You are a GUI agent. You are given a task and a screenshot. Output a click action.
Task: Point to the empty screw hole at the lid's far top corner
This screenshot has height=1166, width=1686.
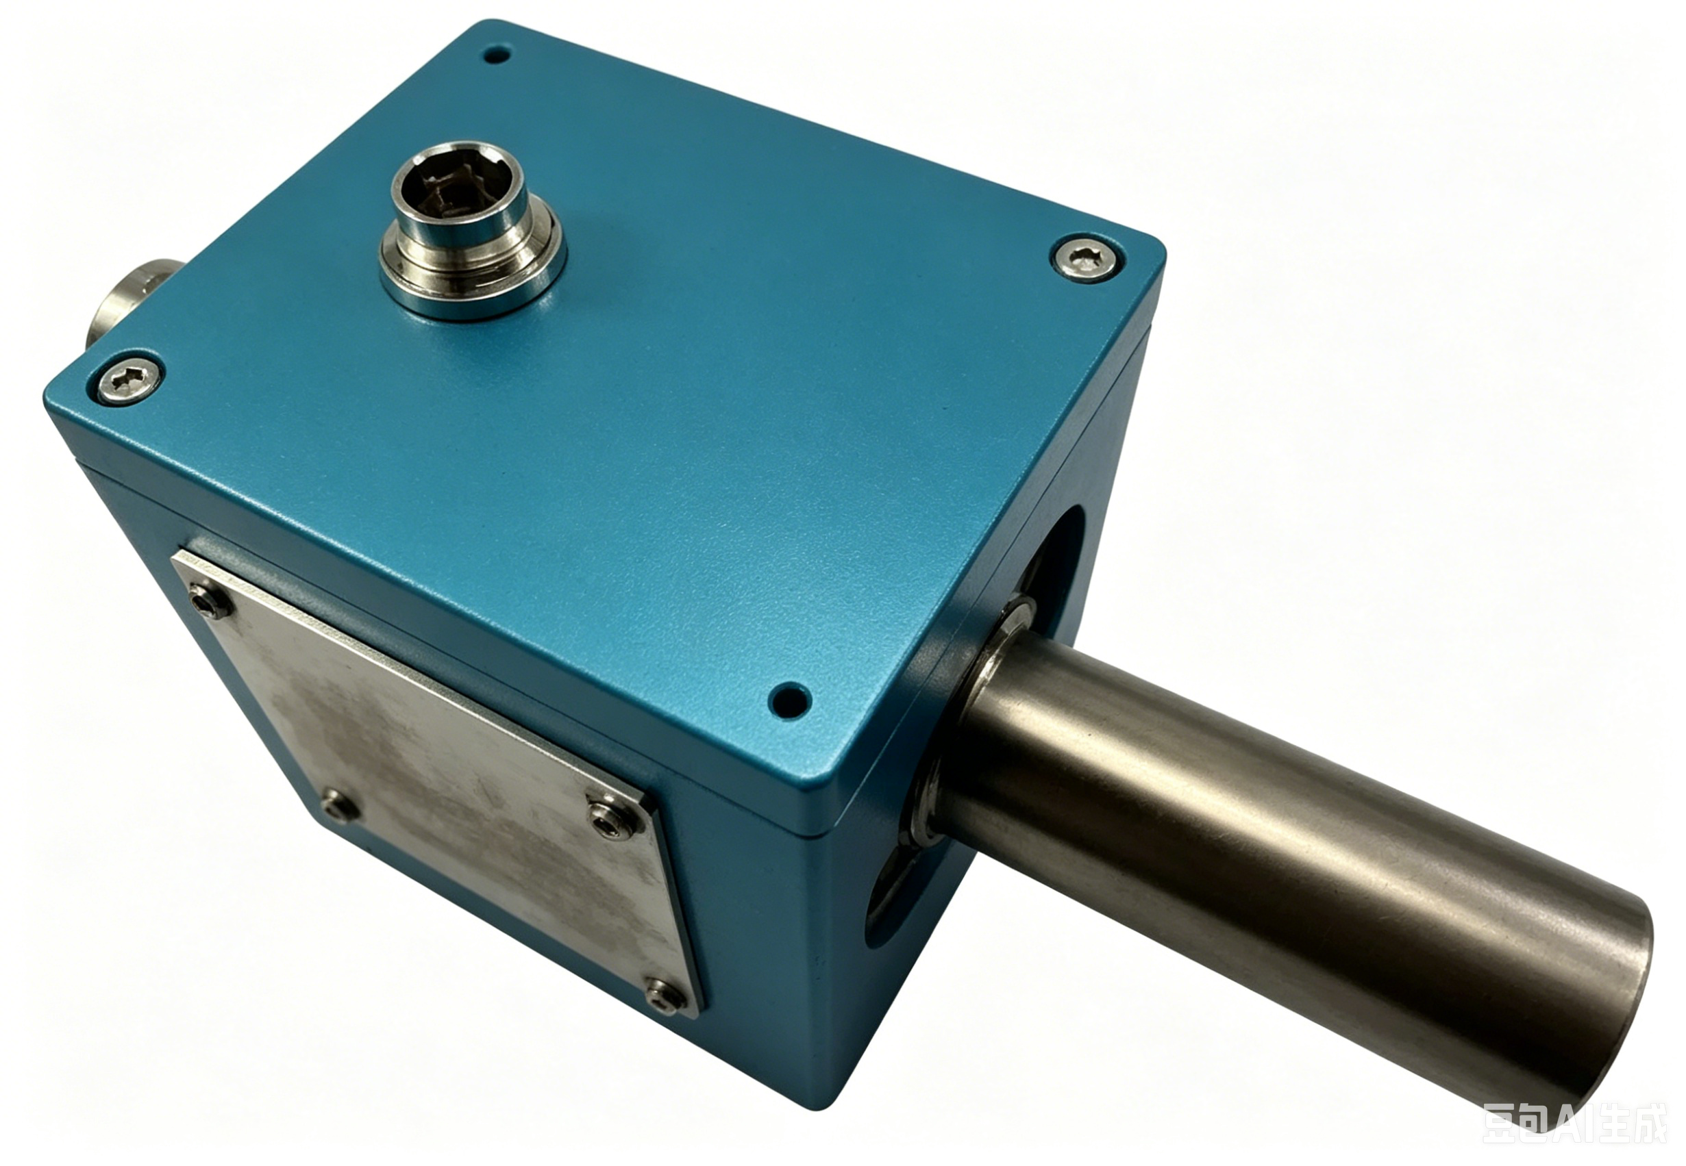coord(497,54)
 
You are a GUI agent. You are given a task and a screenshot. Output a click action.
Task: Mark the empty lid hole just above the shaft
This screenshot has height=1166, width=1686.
coord(791,700)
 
